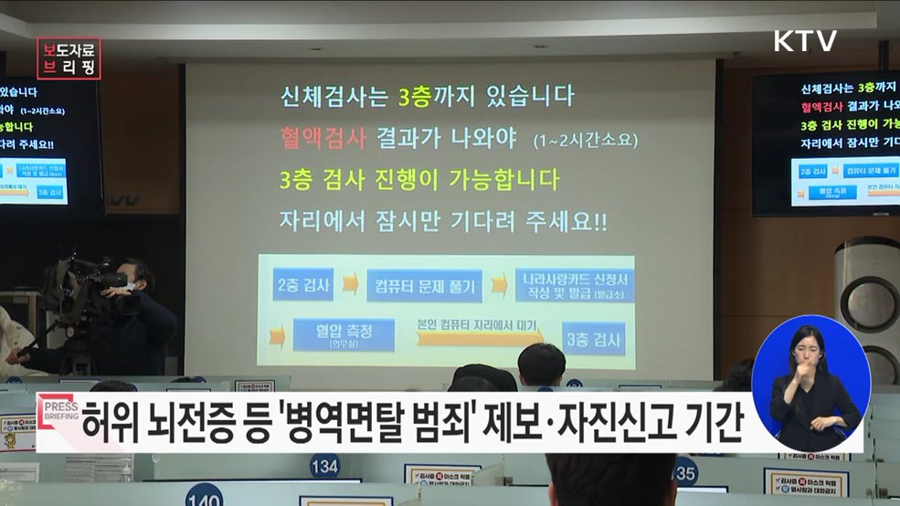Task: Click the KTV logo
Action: [805, 41]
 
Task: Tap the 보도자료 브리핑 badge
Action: [69, 58]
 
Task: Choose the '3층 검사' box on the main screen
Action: [593, 339]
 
